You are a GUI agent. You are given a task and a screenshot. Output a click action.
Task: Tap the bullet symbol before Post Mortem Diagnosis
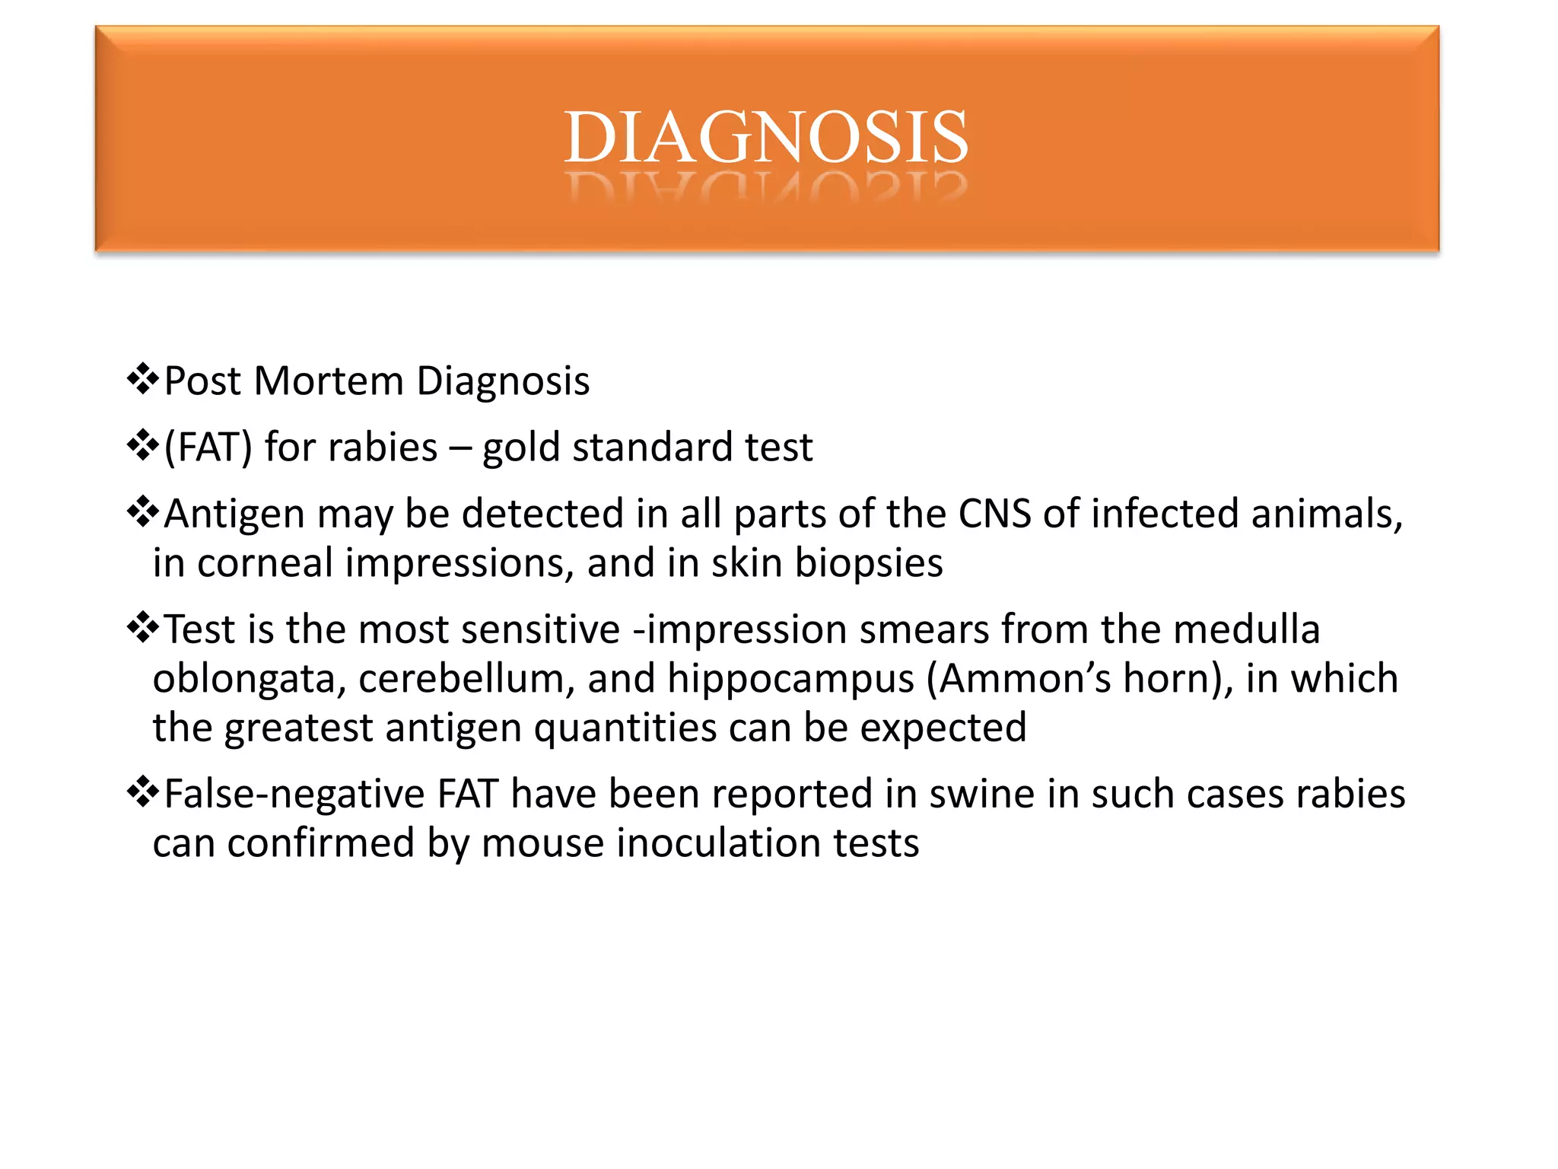142,379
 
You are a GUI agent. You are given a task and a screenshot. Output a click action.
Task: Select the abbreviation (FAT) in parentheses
208,448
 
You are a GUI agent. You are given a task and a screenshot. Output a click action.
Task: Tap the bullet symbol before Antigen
142,512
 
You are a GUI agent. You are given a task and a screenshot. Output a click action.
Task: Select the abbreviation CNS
994,514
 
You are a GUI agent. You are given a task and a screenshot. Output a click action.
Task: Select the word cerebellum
461,678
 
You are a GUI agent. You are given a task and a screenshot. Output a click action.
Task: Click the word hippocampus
790,680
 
